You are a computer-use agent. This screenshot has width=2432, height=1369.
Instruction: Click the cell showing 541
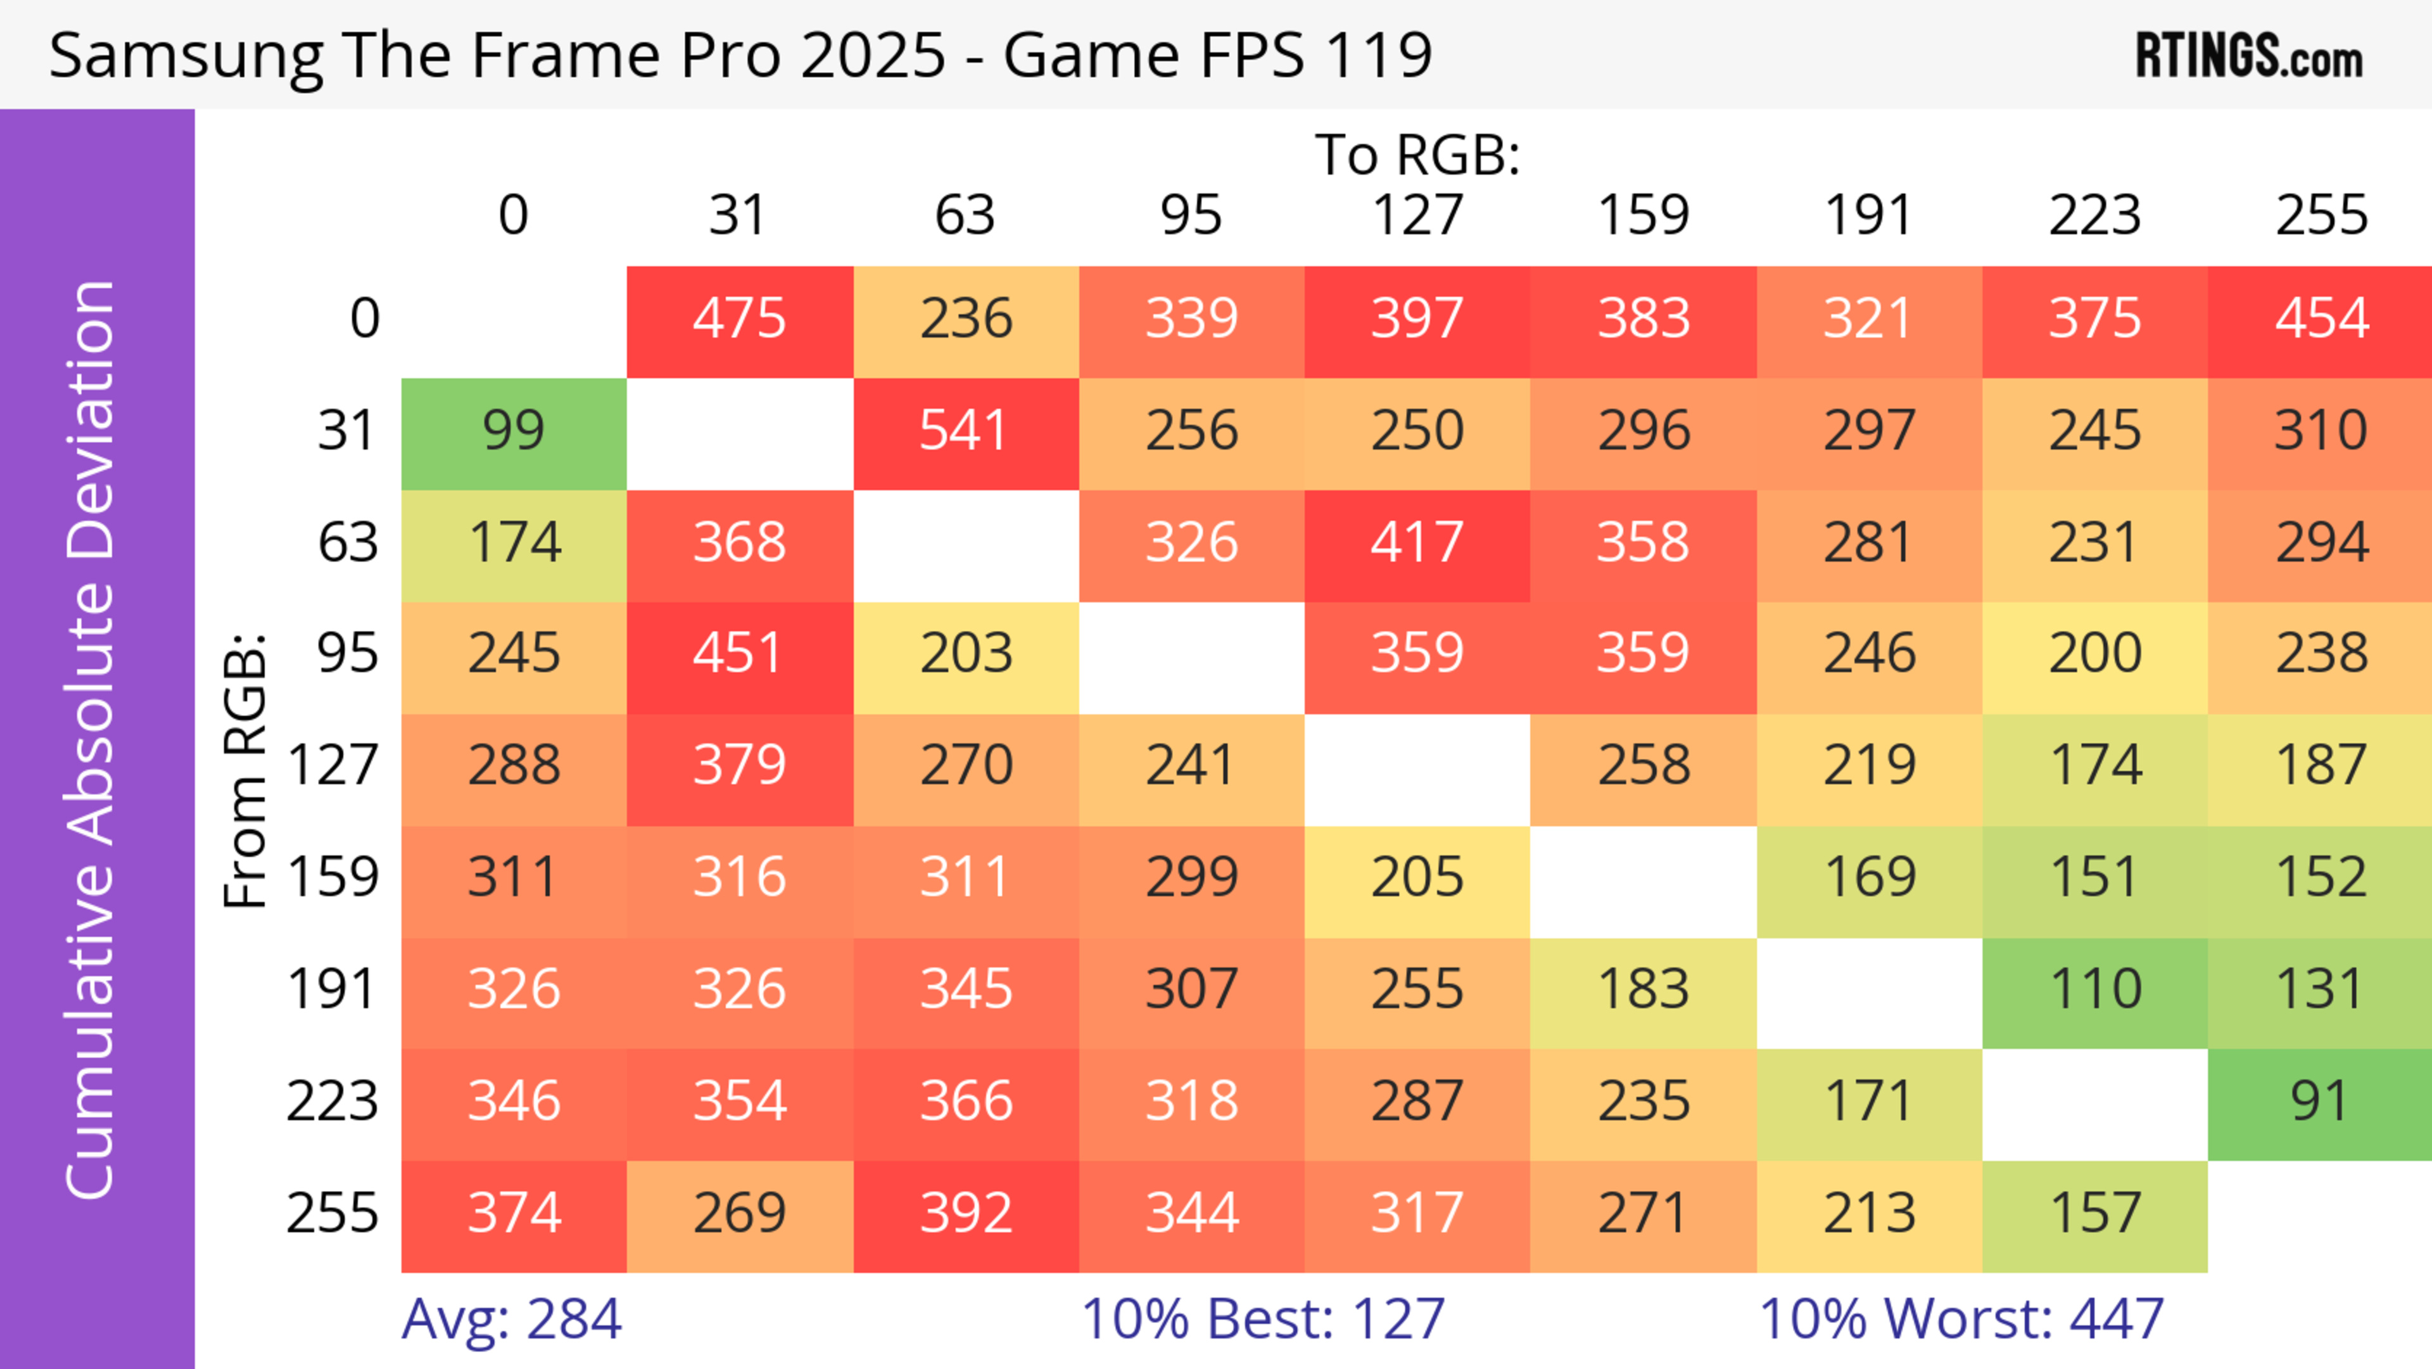965,431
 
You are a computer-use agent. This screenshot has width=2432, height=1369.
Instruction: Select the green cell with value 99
514,431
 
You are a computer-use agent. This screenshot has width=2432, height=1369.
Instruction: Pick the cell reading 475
739,319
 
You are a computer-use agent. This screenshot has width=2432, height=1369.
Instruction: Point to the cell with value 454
2321,319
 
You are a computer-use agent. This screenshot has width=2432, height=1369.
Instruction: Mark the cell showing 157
2094,1213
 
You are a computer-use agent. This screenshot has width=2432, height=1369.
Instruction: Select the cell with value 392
965,1213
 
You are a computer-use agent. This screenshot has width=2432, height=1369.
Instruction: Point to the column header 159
1643,215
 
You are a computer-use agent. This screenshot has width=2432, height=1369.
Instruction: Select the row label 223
332,1102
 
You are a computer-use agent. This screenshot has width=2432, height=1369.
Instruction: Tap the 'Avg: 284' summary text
510,1319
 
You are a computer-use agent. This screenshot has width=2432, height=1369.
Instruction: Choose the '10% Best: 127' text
1262,1319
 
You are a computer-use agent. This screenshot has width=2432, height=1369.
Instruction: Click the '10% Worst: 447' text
1961,1319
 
